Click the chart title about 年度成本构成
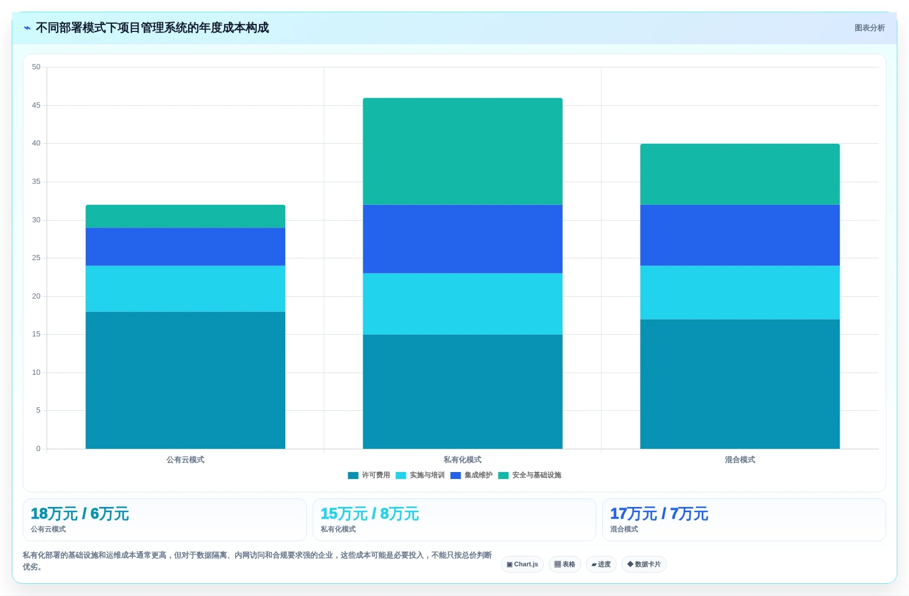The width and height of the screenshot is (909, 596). tap(152, 27)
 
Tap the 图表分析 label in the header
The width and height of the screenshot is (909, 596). tap(869, 28)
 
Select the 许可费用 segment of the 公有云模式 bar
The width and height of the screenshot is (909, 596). tap(185, 380)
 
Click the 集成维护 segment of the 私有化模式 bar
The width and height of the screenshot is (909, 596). tap(462, 239)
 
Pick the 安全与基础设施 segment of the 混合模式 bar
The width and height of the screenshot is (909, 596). tap(740, 174)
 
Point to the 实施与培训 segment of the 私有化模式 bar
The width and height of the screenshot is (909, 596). tap(462, 304)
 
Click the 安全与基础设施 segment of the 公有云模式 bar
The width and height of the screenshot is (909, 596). tap(185, 217)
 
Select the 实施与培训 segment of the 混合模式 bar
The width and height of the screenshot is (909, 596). tap(740, 293)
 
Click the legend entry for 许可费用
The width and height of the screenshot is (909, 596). tap(369, 475)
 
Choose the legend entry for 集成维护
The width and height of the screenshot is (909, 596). tap(471, 475)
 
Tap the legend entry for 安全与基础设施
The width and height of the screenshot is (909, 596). tap(529, 475)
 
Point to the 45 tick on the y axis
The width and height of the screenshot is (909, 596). tap(36, 105)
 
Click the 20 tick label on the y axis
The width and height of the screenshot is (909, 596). tap(36, 296)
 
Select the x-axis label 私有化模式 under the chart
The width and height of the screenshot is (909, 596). tap(462, 460)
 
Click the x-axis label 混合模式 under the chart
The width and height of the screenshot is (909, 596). tap(740, 460)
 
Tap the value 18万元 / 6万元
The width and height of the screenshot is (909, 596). tap(80, 513)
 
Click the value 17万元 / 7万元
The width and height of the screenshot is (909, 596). tap(659, 513)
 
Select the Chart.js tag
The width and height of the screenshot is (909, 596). tap(522, 565)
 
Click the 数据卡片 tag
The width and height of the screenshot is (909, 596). tap(644, 565)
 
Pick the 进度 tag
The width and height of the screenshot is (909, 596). tap(601, 565)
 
